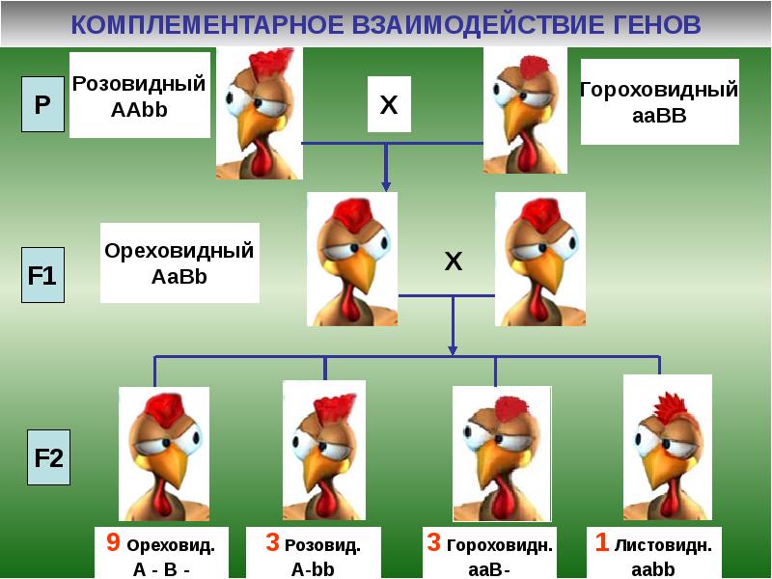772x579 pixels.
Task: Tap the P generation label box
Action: click(x=42, y=105)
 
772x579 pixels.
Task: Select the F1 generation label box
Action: click(x=42, y=276)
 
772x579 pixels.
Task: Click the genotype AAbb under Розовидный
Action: click(x=140, y=109)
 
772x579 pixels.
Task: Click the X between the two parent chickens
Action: click(x=388, y=104)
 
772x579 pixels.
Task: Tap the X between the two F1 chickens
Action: click(x=453, y=261)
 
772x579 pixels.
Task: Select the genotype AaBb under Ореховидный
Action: click(x=179, y=277)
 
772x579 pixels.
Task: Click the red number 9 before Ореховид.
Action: click(x=113, y=543)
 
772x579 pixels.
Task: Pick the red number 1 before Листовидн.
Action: click(x=601, y=543)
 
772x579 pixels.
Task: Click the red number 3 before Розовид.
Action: click(x=273, y=543)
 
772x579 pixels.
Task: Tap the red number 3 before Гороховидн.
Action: click(x=434, y=543)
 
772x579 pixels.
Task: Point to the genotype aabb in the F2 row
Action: click(x=653, y=568)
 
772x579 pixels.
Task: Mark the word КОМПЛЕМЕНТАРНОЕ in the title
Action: click(x=193, y=23)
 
